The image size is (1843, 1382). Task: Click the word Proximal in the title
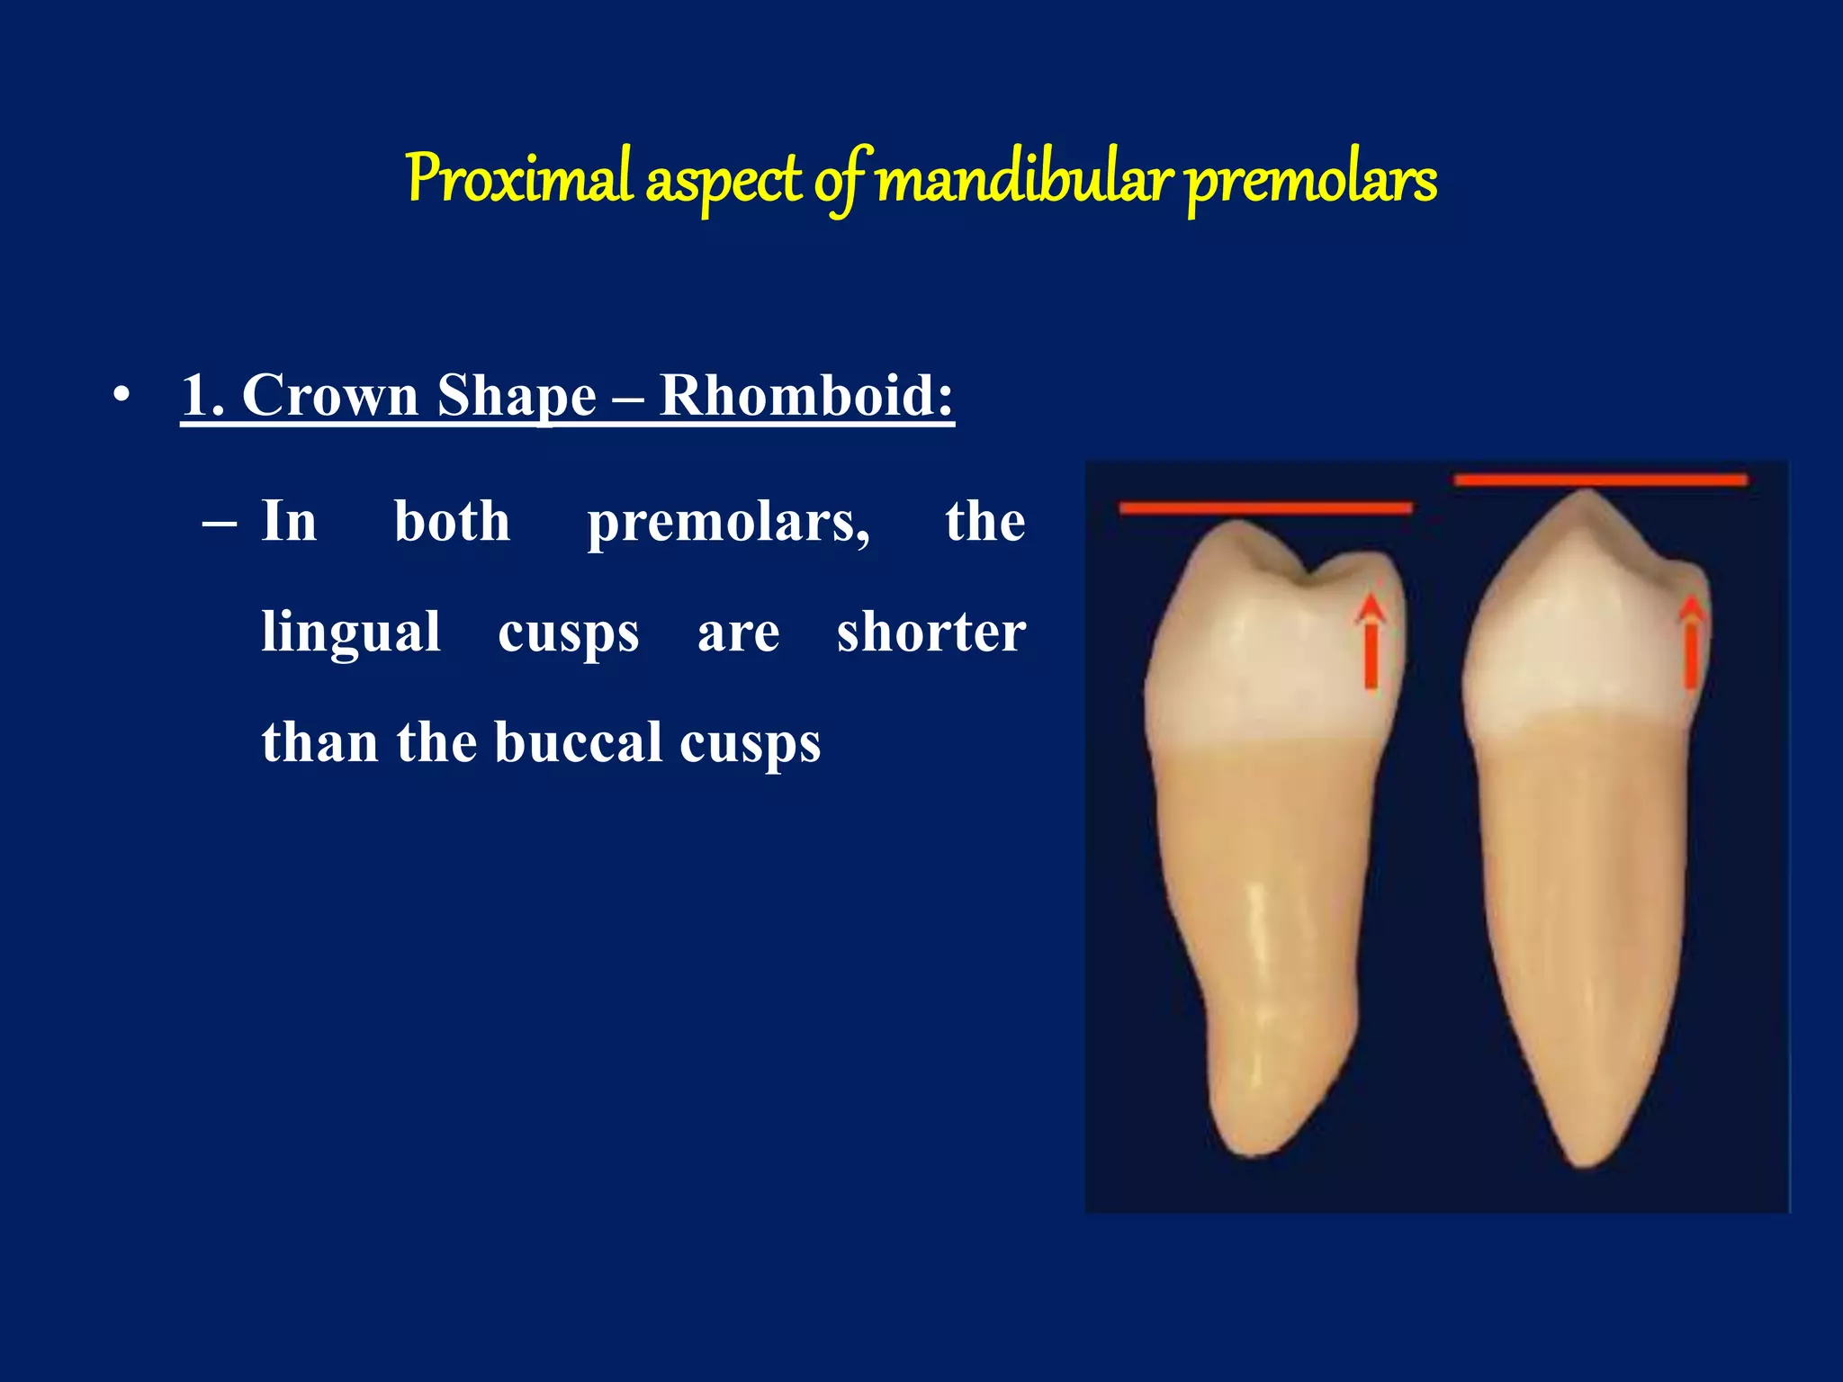pyautogui.click(x=519, y=179)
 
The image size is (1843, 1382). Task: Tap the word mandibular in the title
pyautogui.click(x=1024, y=179)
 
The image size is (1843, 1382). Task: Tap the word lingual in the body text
pyautogui.click(x=351, y=632)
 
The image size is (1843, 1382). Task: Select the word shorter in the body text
pyautogui.click(x=930, y=632)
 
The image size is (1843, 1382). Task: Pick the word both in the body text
pyautogui.click(x=452, y=521)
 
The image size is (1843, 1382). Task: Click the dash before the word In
pyautogui.click(x=220, y=523)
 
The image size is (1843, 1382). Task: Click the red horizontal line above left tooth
pyautogui.click(x=1265, y=508)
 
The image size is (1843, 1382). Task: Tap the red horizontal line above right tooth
pyautogui.click(x=1600, y=480)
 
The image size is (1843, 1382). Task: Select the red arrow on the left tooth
pyautogui.click(x=1371, y=642)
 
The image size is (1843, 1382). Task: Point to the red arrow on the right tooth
pyautogui.click(x=1691, y=642)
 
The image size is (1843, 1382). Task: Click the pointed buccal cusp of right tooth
pyautogui.click(x=1586, y=496)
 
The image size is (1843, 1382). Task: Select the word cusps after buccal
pyautogui.click(x=750, y=744)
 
